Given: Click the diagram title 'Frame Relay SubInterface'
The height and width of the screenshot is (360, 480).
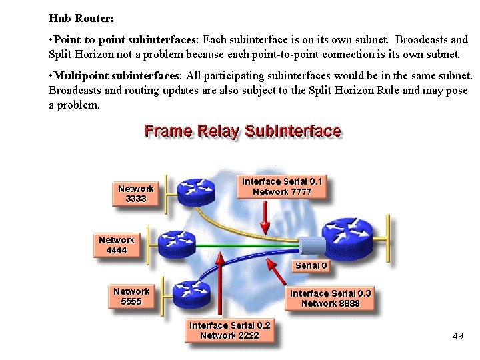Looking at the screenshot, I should [x=243, y=131].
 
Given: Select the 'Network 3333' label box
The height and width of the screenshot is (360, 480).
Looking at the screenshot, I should [x=135, y=193].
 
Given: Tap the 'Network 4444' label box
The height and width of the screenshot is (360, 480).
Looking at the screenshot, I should [x=116, y=245].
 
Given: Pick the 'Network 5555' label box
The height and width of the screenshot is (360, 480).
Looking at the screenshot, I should [x=131, y=296].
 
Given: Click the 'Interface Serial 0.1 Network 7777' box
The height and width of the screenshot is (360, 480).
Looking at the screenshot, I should [x=282, y=187].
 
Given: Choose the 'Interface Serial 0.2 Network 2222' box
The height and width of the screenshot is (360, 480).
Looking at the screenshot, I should [x=229, y=330].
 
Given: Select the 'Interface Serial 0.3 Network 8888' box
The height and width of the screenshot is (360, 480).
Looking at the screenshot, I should [x=330, y=298].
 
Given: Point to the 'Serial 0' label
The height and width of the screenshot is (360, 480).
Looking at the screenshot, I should [x=311, y=265].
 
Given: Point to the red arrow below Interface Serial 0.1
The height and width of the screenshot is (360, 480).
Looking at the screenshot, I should [x=265, y=215].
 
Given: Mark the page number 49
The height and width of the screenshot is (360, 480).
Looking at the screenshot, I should [x=457, y=336].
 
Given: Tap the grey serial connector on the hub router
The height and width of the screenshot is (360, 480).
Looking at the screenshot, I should [x=311, y=245].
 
